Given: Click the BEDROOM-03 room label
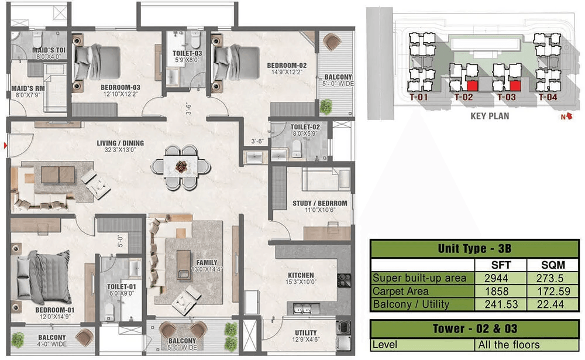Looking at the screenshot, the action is tap(120, 87).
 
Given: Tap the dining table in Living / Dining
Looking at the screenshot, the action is tap(181, 167).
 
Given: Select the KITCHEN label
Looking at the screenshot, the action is tap(301, 275).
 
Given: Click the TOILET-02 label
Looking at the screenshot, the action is tap(305, 127).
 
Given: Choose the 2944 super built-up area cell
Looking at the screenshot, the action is tap(496, 278).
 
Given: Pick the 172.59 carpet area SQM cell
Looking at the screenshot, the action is tap(553, 292).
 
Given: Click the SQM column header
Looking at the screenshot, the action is tap(553, 265).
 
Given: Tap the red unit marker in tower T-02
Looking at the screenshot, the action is tap(472, 86).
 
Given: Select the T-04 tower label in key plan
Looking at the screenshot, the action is tap(548, 98).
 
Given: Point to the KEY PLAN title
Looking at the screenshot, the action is tap(490, 116).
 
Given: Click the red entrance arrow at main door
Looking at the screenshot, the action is tap(5, 145).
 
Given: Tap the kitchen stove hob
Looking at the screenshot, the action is tap(343, 280).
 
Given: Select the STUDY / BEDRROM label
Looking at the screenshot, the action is tap(320, 204).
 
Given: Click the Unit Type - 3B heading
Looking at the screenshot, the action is tap(474, 249).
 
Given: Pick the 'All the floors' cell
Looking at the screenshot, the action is tap(509, 345).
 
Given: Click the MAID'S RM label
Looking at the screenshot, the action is tap(28, 88).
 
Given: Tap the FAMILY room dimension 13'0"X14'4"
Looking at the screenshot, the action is tap(207, 269).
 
